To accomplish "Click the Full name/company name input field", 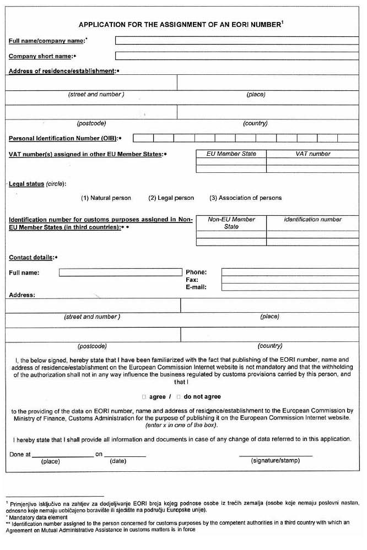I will click(x=236, y=40).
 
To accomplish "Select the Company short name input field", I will click(x=236, y=56).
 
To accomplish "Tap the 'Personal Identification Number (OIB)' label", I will click(x=63, y=138).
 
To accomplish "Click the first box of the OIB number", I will click(x=143, y=138).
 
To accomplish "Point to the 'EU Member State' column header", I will click(x=231, y=154).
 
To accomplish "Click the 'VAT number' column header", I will click(x=312, y=154).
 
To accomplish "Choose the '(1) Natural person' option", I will click(x=106, y=198).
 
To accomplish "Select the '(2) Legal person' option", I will click(x=171, y=198).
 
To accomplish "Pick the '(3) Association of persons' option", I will click(x=245, y=198).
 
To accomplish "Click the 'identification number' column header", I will click(x=312, y=219).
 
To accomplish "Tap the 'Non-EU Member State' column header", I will click(x=231, y=222).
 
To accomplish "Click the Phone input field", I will click(x=289, y=272).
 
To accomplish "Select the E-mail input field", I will click(x=289, y=287).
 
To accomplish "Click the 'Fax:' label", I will click(x=192, y=280).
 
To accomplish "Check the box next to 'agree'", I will click(x=144, y=396).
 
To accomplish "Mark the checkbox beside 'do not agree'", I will click(x=179, y=396).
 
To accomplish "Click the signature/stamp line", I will click(x=276, y=455).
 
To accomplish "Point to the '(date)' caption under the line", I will click(x=118, y=461).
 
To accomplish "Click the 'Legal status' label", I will click(x=26, y=184).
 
